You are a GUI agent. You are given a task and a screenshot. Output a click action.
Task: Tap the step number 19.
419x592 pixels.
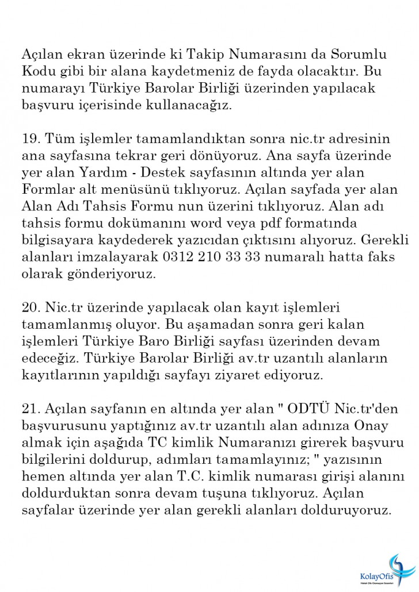(x=30, y=139)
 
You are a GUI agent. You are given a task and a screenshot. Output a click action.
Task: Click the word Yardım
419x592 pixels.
(x=108, y=173)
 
